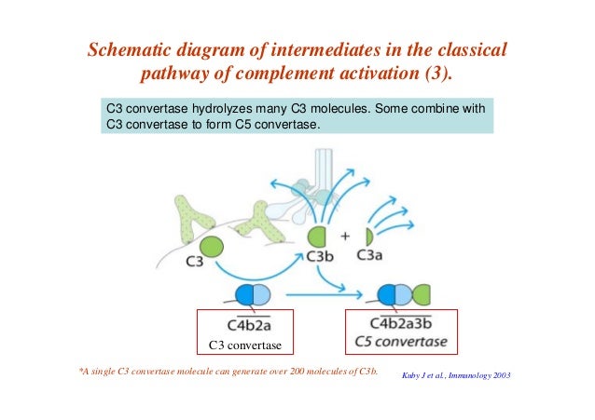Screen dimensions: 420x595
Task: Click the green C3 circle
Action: click(x=211, y=247)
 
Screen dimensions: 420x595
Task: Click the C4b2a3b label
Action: click(x=401, y=323)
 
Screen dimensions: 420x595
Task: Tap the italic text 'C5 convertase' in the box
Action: click(x=401, y=342)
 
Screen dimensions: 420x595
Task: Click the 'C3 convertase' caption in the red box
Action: click(x=245, y=347)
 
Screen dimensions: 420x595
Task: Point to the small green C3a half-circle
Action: click(x=369, y=237)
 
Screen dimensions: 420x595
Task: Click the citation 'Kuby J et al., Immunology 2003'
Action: click(x=456, y=375)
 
